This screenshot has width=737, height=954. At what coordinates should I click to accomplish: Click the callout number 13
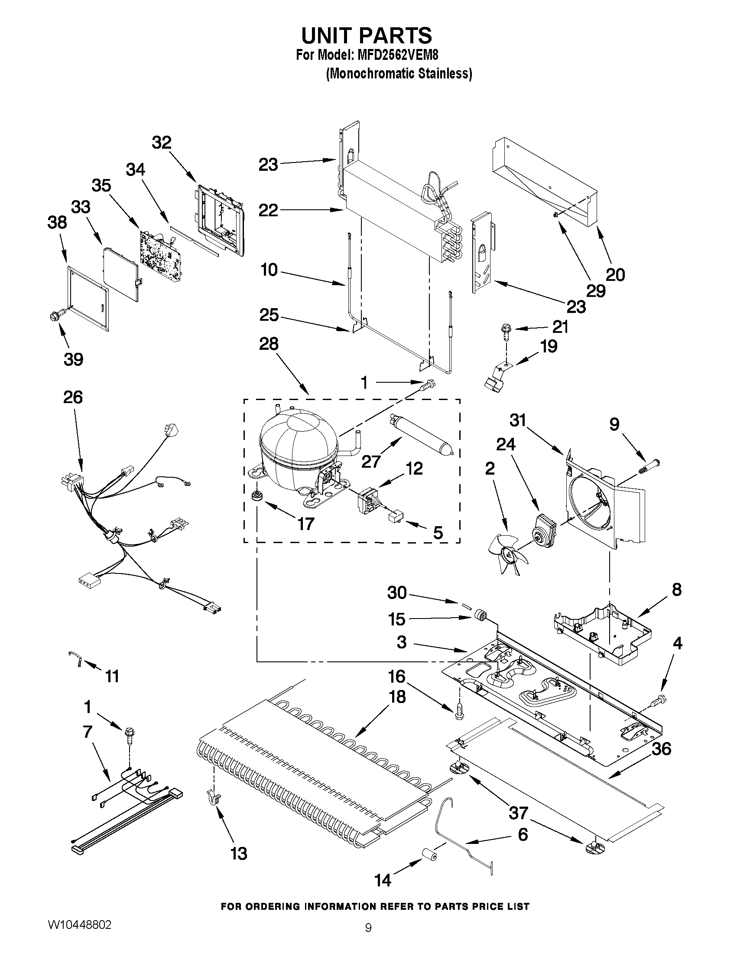(x=239, y=853)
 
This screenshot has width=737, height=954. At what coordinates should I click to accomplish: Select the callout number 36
(x=661, y=749)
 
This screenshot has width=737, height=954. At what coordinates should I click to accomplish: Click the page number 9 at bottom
(x=368, y=938)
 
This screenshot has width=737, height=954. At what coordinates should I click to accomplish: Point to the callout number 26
(x=73, y=397)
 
